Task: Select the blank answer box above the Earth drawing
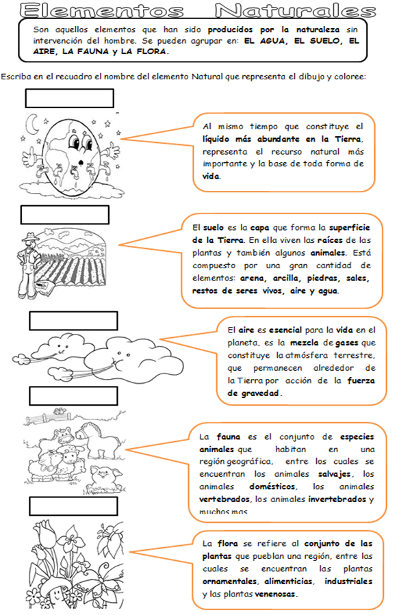[x=69, y=99]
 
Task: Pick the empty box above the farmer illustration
[x=64, y=215]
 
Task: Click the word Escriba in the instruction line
[x=16, y=76]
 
